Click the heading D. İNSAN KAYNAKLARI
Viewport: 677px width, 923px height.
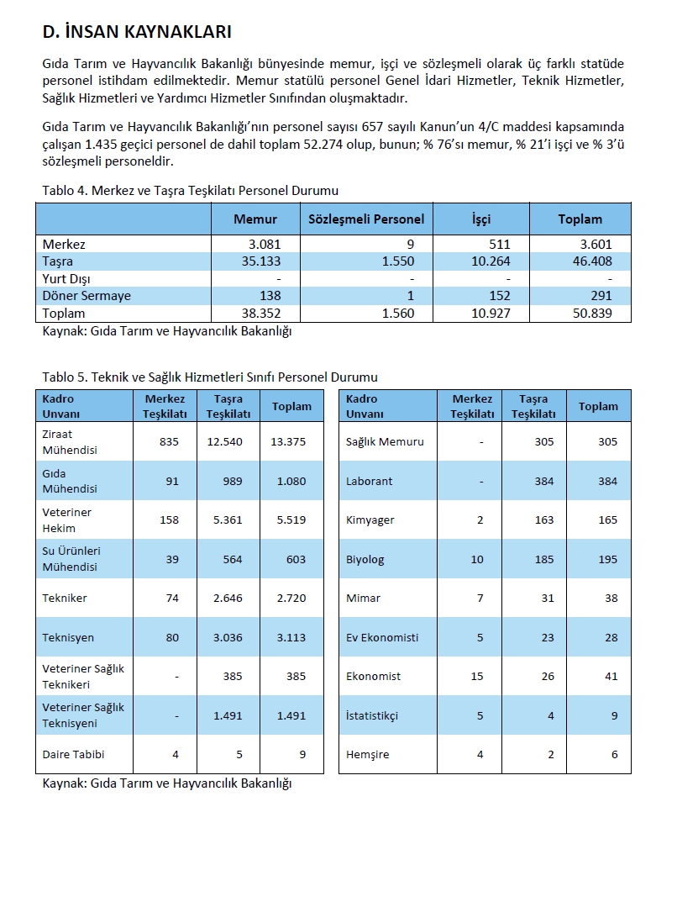click(137, 33)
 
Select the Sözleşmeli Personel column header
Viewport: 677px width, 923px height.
click(366, 219)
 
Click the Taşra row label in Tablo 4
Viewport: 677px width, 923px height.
click(58, 261)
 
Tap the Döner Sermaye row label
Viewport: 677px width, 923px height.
click(87, 296)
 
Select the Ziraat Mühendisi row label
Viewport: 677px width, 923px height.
click(70, 442)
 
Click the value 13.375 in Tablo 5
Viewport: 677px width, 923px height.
click(288, 442)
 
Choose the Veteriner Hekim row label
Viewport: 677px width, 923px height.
click(67, 520)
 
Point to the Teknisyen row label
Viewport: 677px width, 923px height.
click(68, 637)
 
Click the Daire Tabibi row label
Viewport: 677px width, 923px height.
click(73, 754)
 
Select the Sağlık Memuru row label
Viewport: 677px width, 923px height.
click(385, 442)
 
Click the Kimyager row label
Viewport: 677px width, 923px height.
click(370, 520)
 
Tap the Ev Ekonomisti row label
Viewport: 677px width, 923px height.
click(382, 637)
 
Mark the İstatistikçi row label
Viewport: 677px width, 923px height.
click(372, 715)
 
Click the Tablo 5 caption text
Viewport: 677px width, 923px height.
click(210, 377)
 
